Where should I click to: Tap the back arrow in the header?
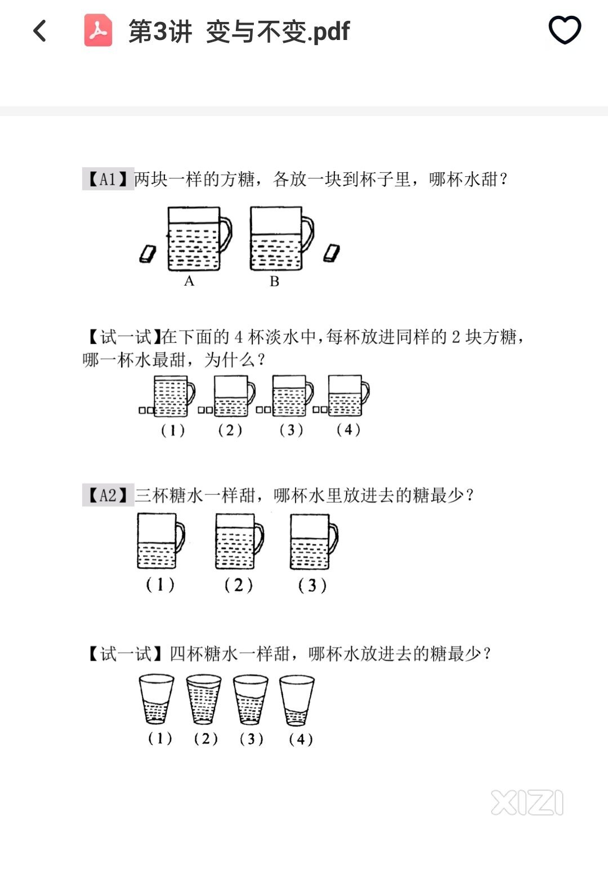[x=39, y=30]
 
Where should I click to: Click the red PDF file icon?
[x=98, y=30]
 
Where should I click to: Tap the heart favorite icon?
[x=565, y=30]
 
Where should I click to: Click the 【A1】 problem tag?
[x=108, y=179]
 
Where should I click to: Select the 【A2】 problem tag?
[x=108, y=495]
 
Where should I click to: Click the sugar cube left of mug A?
[x=147, y=254]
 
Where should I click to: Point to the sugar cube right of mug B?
[x=332, y=253]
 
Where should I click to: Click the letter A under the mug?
[x=189, y=280]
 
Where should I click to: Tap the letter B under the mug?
[x=274, y=281]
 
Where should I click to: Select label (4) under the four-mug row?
[x=348, y=430]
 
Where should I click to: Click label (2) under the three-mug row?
[x=239, y=585]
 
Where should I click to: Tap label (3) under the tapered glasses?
[x=252, y=739]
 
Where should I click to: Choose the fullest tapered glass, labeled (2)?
[x=203, y=699]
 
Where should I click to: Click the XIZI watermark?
[x=527, y=803]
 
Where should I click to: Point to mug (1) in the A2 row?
[x=160, y=541]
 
